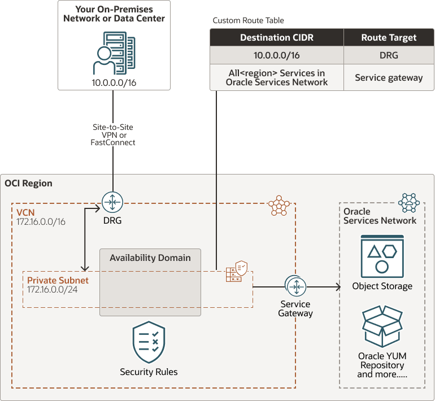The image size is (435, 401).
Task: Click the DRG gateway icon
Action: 112,202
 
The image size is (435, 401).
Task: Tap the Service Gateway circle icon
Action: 295,287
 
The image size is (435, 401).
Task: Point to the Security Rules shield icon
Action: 149,342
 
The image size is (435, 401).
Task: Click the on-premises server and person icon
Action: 114,53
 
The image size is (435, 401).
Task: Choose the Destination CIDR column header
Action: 277,38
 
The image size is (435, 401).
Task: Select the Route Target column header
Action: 389,38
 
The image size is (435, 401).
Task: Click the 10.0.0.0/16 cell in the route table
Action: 277,56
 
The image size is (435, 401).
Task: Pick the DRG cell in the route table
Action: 389,56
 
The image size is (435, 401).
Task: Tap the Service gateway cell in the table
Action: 389,77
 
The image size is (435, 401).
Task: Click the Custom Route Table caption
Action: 248,20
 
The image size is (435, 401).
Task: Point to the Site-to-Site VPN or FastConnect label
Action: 114,135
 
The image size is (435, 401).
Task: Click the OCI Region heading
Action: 28,183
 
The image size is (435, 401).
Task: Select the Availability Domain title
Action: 150,258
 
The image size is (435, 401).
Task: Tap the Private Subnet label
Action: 58,280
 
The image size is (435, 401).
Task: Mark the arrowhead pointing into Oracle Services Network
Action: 338,287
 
